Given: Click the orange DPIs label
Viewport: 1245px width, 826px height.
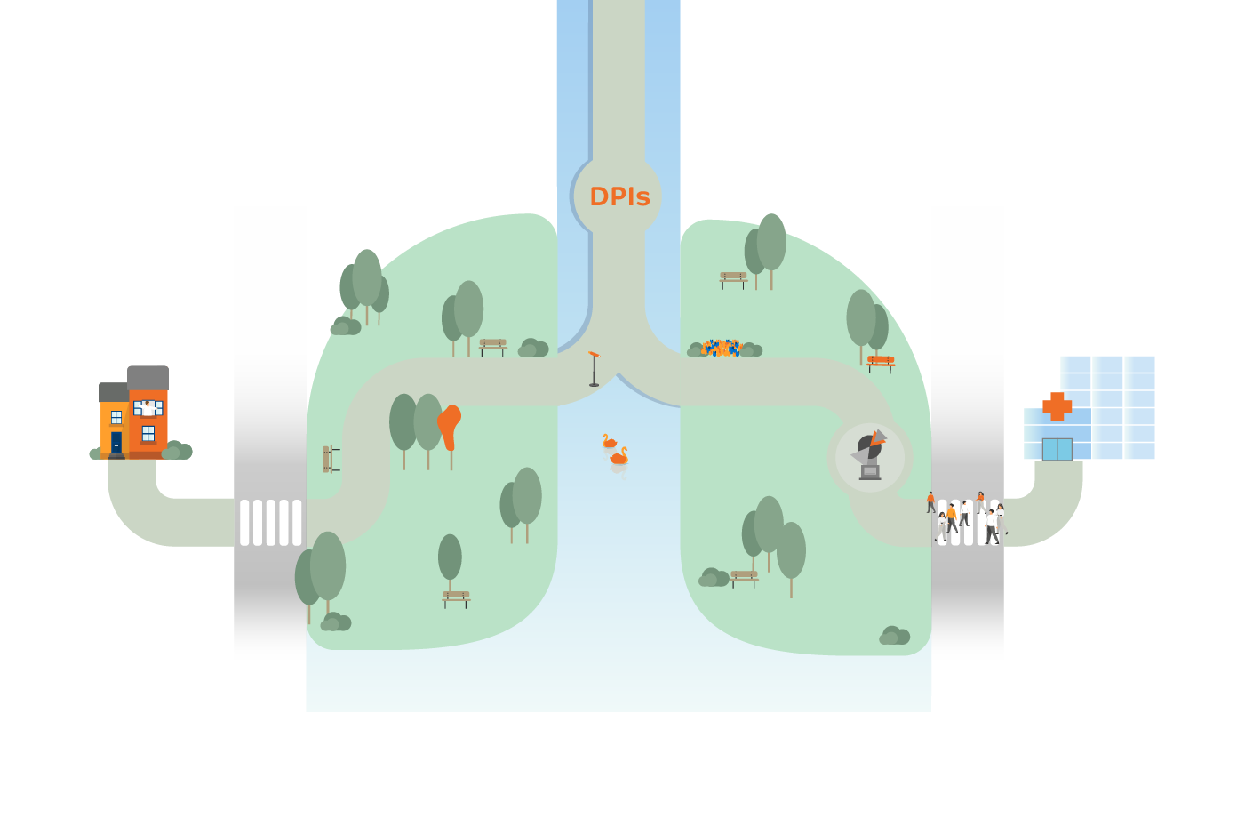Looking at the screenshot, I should (619, 196).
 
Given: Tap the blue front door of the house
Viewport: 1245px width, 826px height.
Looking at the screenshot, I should (116, 443).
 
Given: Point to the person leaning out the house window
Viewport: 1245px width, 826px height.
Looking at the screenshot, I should (148, 408).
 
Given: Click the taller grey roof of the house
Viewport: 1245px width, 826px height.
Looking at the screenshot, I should (148, 377).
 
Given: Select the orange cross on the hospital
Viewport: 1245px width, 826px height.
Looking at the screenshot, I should (1057, 406).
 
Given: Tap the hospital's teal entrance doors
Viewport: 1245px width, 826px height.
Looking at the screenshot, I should (1057, 449).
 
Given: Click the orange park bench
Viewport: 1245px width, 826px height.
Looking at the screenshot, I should (881, 362).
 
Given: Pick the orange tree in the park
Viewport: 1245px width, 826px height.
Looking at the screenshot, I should (450, 428).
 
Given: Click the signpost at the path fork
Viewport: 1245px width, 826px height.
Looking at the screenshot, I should (594, 368).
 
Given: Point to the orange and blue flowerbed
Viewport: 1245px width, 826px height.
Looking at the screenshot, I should (721, 348).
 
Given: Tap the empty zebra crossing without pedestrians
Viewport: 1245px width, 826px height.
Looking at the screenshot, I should (271, 522).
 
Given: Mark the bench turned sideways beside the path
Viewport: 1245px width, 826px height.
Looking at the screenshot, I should (329, 459).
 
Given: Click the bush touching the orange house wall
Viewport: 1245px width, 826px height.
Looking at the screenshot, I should (176, 450).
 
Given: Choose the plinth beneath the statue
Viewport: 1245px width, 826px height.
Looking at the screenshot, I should (870, 472).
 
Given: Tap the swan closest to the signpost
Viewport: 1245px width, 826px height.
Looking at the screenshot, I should (609, 441).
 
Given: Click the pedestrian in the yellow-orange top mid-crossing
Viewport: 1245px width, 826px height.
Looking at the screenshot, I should (951, 516).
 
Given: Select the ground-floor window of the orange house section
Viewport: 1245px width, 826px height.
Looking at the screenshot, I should (148, 434).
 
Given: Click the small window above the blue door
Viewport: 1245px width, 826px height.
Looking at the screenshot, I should (116, 418).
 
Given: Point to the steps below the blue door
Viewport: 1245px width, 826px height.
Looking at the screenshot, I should (116, 456).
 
